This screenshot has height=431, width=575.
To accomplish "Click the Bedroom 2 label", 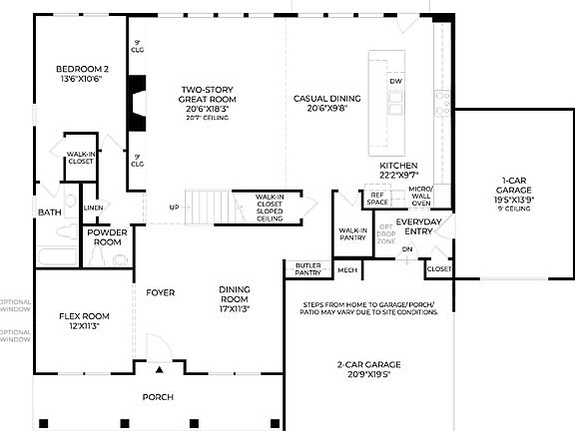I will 82,69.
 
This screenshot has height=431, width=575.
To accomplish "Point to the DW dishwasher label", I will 396,81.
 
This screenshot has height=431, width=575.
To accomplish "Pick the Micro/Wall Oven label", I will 420,194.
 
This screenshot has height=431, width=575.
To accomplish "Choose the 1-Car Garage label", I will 516,188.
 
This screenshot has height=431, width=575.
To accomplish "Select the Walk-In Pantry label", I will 351,234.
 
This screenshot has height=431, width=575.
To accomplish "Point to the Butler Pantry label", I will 307,268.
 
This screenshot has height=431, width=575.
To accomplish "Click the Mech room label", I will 347,269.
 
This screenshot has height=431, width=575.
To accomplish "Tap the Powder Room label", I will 106,237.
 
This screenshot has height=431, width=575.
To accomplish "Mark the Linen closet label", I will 93,208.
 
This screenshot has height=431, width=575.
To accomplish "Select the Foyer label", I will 160,293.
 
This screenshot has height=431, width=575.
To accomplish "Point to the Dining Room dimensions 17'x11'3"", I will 234,308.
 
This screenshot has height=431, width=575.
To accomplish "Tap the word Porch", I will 158,397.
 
